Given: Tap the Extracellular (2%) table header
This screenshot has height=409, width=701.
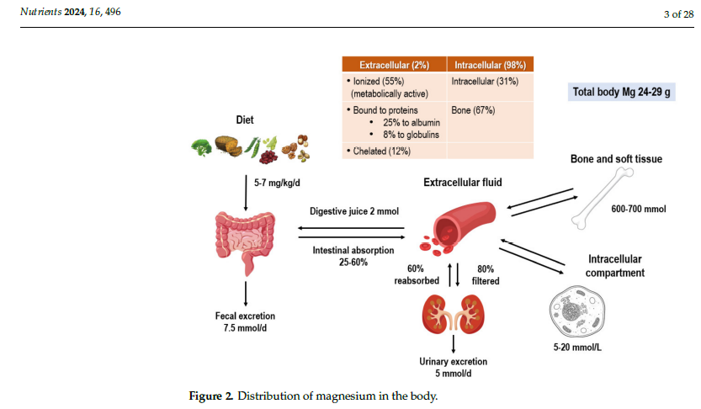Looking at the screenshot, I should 393,65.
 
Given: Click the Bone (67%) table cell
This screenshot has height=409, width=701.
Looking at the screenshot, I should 473,110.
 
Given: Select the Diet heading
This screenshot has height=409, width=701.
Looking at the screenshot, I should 245,120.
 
